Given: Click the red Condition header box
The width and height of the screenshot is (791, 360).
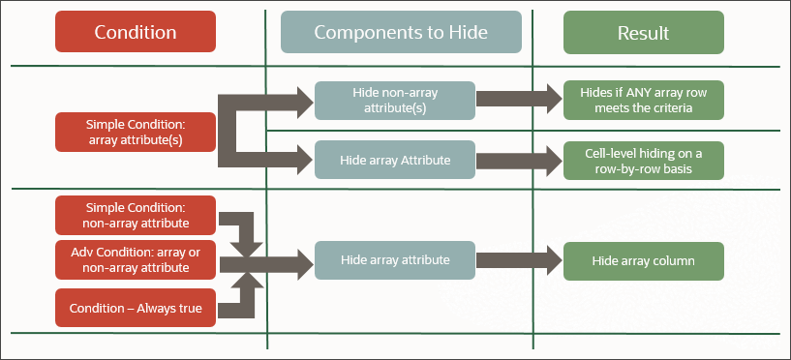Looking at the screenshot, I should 135,32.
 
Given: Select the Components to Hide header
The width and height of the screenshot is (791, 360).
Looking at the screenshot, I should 400,32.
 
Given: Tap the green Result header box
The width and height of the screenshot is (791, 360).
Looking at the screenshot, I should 644,32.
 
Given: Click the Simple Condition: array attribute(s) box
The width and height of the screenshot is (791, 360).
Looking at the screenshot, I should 135,132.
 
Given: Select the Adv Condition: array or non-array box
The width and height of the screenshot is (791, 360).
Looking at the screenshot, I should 135,260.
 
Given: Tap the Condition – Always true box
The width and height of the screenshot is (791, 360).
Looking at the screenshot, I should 135,307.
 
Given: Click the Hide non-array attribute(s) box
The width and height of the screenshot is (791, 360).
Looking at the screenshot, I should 394,100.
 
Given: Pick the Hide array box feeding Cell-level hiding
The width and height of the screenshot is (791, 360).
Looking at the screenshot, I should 394,160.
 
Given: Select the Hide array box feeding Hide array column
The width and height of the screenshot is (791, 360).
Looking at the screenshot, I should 394,260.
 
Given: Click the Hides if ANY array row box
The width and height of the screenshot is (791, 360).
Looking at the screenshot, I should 644,100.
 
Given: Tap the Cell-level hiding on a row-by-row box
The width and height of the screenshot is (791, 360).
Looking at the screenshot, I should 644,160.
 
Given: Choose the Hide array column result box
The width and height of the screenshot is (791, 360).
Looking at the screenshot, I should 644,260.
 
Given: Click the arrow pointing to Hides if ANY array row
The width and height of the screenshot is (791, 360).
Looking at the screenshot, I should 519,99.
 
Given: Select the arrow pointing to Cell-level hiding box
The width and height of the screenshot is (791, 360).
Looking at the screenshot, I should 519,160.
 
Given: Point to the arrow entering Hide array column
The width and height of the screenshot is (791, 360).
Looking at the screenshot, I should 519,260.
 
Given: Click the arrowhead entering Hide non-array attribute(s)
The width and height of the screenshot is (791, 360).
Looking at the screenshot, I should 301,99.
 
